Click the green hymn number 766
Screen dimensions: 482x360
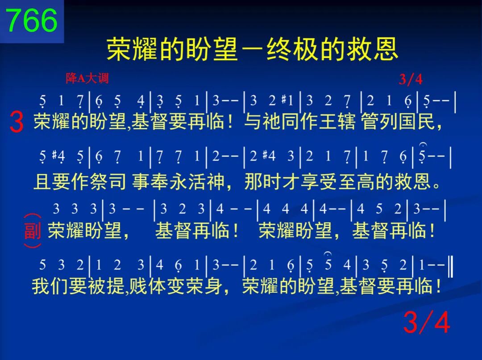coord(32,20)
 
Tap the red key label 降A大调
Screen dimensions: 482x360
coord(87,79)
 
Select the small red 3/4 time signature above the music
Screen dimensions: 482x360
coord(411,79)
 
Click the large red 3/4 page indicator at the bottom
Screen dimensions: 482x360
coord(427,322)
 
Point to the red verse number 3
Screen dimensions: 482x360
coord(17,122)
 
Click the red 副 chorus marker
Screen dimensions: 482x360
coord(33,231)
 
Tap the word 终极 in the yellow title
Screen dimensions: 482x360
coord(292,49)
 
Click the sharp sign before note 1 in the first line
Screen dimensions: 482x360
coord(284,99)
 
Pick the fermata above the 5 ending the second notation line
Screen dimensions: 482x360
coord(423,144)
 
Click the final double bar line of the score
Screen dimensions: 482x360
coord(450,266)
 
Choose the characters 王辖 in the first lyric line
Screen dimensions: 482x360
coord(337,121)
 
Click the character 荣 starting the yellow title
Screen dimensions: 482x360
coord(119,49)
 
